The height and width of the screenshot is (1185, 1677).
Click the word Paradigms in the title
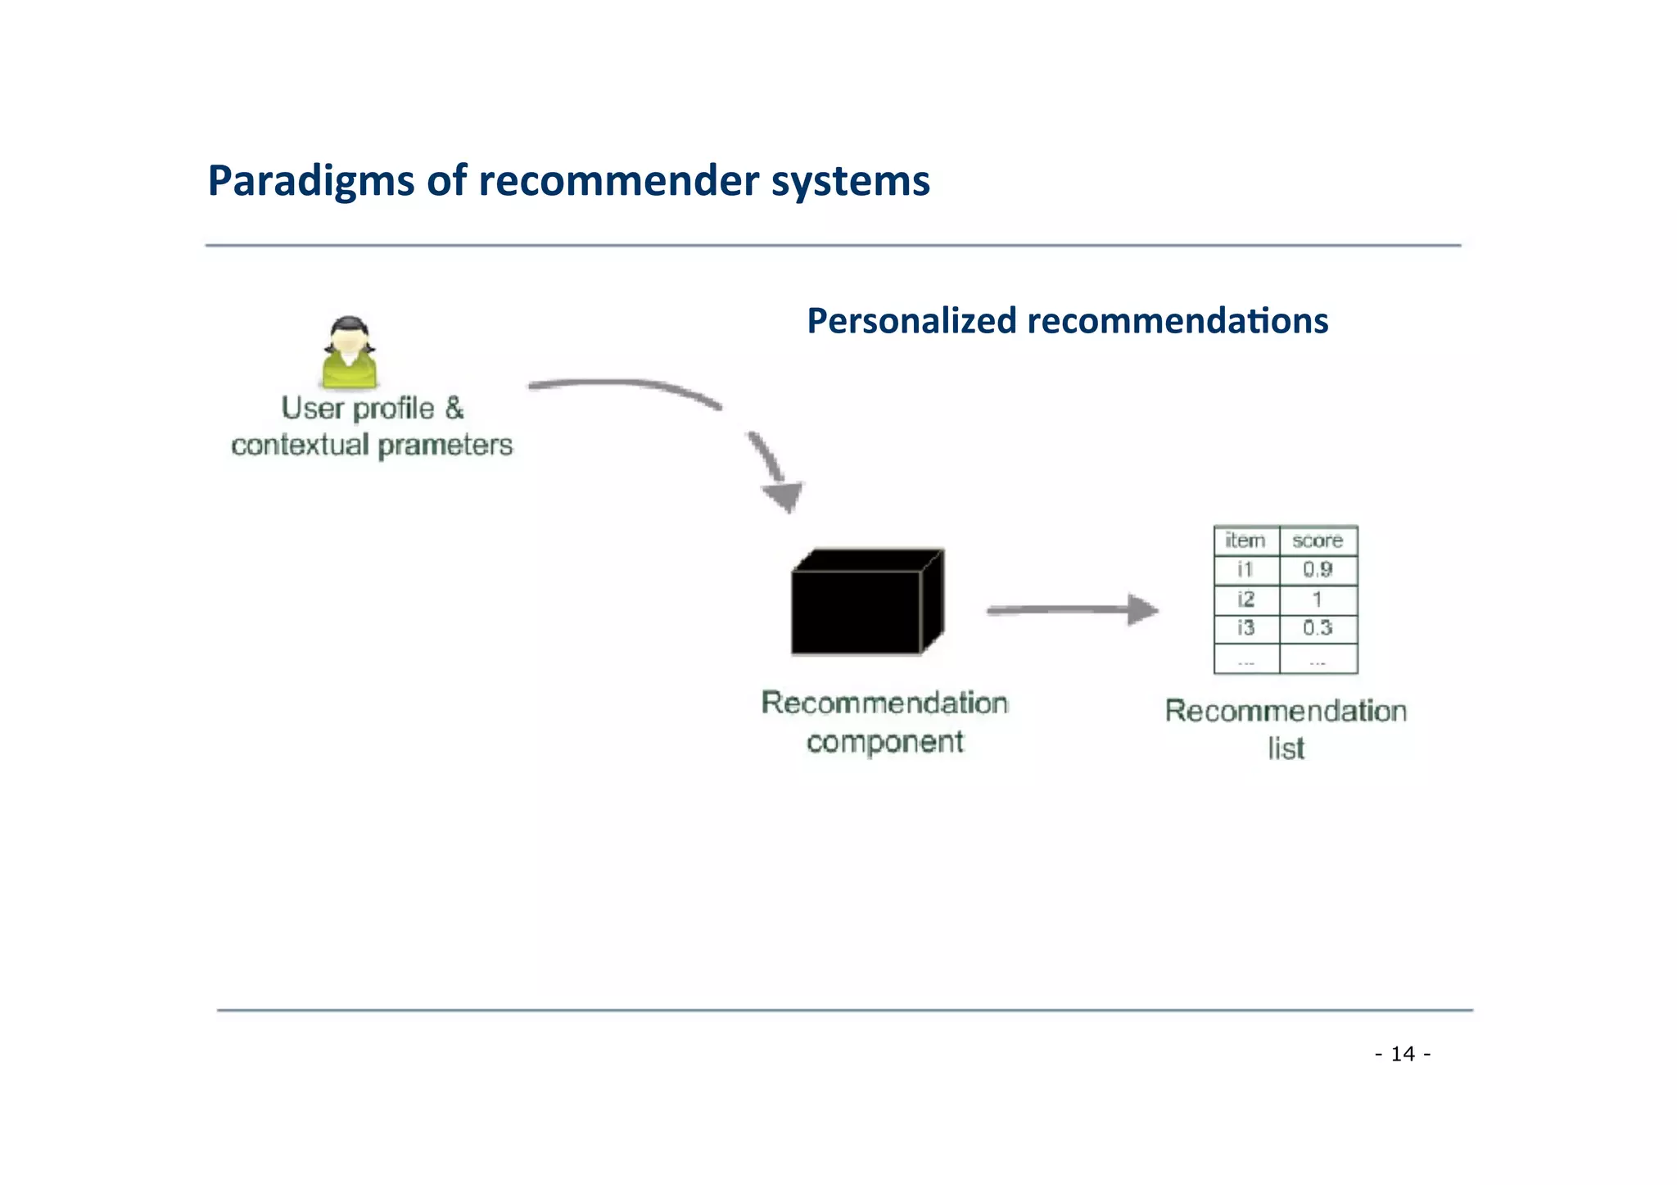[x=311, y=182]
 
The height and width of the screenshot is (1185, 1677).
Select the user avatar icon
[x=350, y=353]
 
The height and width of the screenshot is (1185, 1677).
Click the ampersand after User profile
[x=454, y=408]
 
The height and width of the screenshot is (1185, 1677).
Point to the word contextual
[x=300, y=446]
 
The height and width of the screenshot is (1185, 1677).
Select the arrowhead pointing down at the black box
[x=784, y=495]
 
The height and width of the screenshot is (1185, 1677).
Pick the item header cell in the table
[x=1245, y=540]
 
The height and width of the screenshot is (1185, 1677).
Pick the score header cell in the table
[x=1317, y=540]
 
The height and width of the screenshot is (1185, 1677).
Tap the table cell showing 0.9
[x=1318, y=570]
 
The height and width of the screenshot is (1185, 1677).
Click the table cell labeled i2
[x=1245, y=599]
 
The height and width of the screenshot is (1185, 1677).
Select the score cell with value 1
[x=1318, y=599]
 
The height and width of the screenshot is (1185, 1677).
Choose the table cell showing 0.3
[x=1318, y=628]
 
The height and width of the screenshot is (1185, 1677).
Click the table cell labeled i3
[x=1245, y=628]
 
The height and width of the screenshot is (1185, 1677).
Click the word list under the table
[x=1286, y=749]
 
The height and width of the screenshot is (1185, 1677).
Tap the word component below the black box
[x=884, y=742]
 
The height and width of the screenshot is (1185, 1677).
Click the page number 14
[x=1403, y=1054]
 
